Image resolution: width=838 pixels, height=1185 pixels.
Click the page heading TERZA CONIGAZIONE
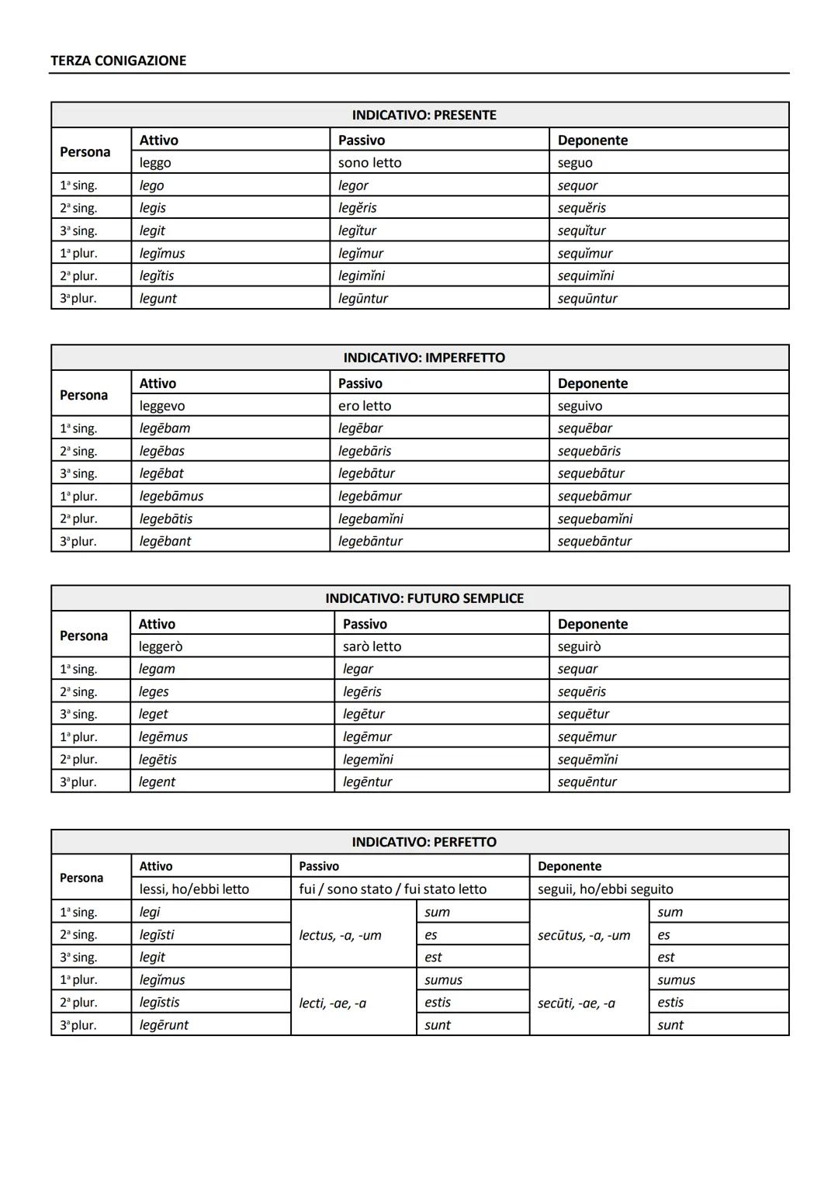tap(118, 61)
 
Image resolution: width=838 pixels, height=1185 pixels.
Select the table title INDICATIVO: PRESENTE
tap(424, 115)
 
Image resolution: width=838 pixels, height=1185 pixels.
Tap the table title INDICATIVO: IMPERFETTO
tap(424, 358)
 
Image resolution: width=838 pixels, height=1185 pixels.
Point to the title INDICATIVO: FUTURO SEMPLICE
tap(424, 598)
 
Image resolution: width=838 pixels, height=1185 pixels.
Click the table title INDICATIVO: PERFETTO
tap(424, 842)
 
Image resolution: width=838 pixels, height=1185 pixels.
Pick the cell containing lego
tap(152, 185)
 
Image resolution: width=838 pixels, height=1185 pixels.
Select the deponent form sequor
tap(577, 185)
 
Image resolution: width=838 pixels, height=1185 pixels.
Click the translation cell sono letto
tap(370, 163)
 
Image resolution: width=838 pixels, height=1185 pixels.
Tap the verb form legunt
tap(158, 299)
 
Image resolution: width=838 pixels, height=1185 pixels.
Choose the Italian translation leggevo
tap(162, 406)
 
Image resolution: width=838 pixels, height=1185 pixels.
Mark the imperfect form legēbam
tap(164, 428)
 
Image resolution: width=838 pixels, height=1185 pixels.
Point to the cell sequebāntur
tap(594, 542)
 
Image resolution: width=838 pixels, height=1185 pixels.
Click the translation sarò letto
tap(372, 646)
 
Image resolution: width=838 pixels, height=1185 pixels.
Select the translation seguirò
tap(579, 646)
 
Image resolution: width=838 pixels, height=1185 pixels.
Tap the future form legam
tap(157, 669)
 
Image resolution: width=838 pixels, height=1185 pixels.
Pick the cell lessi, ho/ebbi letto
tap(194, 889)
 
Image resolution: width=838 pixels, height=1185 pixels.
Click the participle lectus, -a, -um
tap(340, 935)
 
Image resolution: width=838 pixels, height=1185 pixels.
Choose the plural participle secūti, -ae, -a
tap(576, 1003)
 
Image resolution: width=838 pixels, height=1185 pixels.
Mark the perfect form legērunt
tap(164, 1025)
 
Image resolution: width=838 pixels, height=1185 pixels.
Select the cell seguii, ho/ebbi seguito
tap(605, 889)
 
